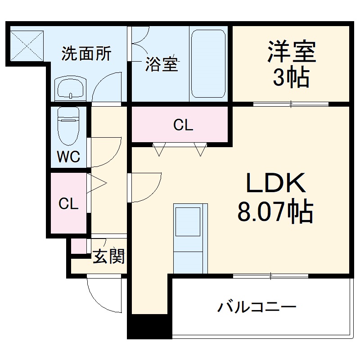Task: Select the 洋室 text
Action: coord(291,52)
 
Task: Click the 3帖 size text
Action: coord(291,78)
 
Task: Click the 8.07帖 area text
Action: coord(275,212)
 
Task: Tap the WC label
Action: coord(68,157)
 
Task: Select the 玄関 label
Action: coord(108,257)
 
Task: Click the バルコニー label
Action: coord(257,307)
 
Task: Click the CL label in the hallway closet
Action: coord(69,204)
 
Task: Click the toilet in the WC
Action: coord(68,124)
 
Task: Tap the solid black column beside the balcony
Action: coord(149,326)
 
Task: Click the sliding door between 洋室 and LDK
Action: coord(291,104)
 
